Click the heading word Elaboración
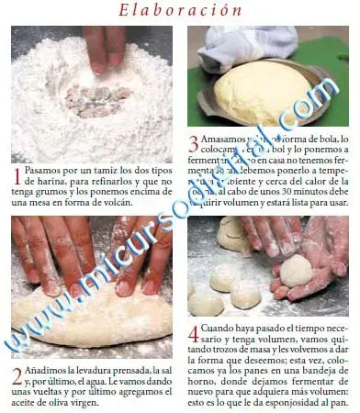(x=180, y=10)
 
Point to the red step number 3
(x=194, y=142)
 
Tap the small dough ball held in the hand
(x=296, y=271)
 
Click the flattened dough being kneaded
(x=87, y=312)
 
